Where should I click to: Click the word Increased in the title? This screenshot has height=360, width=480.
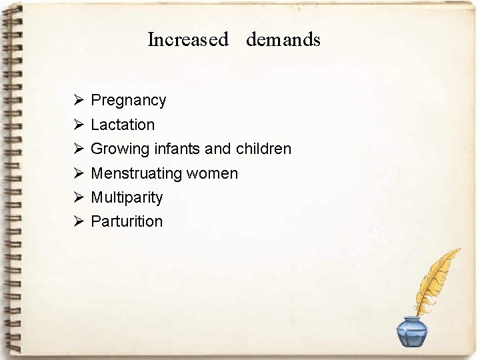pyautogui.click(x=187, y=40)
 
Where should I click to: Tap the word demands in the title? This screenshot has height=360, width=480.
pyautogui.click(x=283, y=40)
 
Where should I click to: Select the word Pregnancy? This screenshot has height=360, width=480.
pyautogui.click(x=128, y=101)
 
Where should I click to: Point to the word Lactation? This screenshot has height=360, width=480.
pyautogui.click(x=123, y=125)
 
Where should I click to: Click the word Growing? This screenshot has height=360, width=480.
pyautogui.click(x=120, y=149)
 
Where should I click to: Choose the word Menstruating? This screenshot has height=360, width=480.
pyautogui.click(x=137, y=173)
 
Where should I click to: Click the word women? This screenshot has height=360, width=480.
pyautogui.click(x=212, y=173)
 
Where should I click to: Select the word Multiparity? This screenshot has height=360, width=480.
pyautogui.click(x=127, y=197)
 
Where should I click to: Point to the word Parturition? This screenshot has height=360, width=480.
pyautogui.click(x=127, y=221)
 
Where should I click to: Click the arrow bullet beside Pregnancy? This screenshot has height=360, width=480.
pyautogui.click(x=78, y=101)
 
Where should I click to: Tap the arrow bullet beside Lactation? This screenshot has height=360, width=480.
pyautogui.click(x=78, y=125)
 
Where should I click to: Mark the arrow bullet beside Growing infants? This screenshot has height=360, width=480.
pyautogui.click(x=78, y=149)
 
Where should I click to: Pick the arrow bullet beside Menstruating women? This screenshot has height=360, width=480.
pyautogui.click(x=78, y=173)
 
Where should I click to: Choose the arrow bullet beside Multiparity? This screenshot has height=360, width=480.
pyautogui.click(x=78, y=197)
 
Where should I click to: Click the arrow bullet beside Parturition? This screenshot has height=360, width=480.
pyautogui.click(x=78, y=221)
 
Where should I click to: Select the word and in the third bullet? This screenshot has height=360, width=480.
pyautogui.click(x=219, y=149)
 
